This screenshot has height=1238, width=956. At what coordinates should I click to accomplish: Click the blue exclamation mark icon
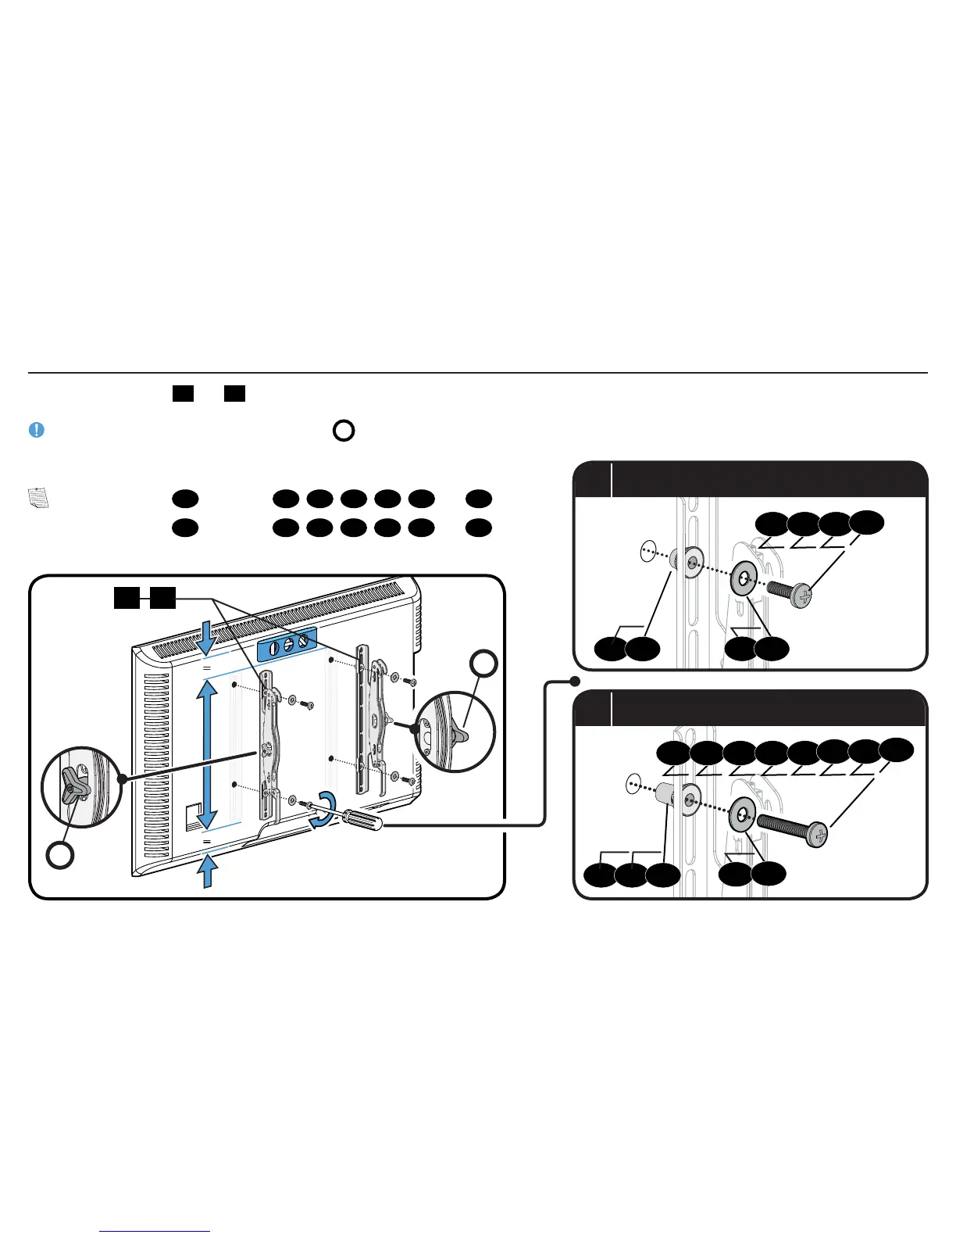36,430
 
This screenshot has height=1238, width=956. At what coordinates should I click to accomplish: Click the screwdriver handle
360,820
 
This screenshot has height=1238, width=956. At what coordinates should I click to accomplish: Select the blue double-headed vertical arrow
206,754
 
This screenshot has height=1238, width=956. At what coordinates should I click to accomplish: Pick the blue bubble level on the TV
287,642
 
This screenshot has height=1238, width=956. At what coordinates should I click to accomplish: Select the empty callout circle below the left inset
60,855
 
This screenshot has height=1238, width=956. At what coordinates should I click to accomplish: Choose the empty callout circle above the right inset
484,664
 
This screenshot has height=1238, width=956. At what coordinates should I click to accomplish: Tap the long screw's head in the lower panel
818,836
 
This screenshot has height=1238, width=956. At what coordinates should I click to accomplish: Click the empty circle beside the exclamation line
344,431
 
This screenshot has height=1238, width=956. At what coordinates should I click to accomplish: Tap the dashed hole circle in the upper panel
647,551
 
